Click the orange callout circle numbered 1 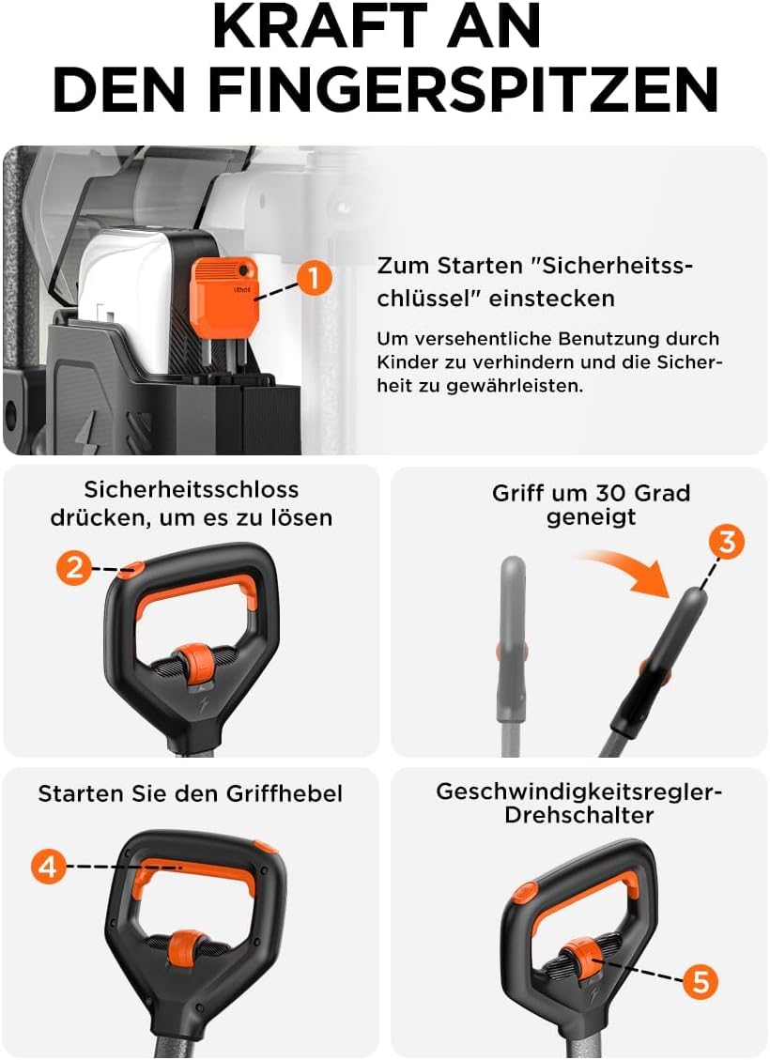click(x=315, y=278)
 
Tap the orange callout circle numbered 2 click(x=74, y=567)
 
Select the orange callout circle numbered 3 click(x=727, y=542)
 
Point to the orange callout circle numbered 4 click(x=49, y=866)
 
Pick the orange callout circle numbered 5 click(x=701, y=981)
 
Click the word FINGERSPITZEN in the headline click(x=463, y=89)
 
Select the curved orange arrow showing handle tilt click(x=624, y=569)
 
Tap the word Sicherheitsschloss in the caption click(x=192, y=489)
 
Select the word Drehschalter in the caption click(x=578, y=815)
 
